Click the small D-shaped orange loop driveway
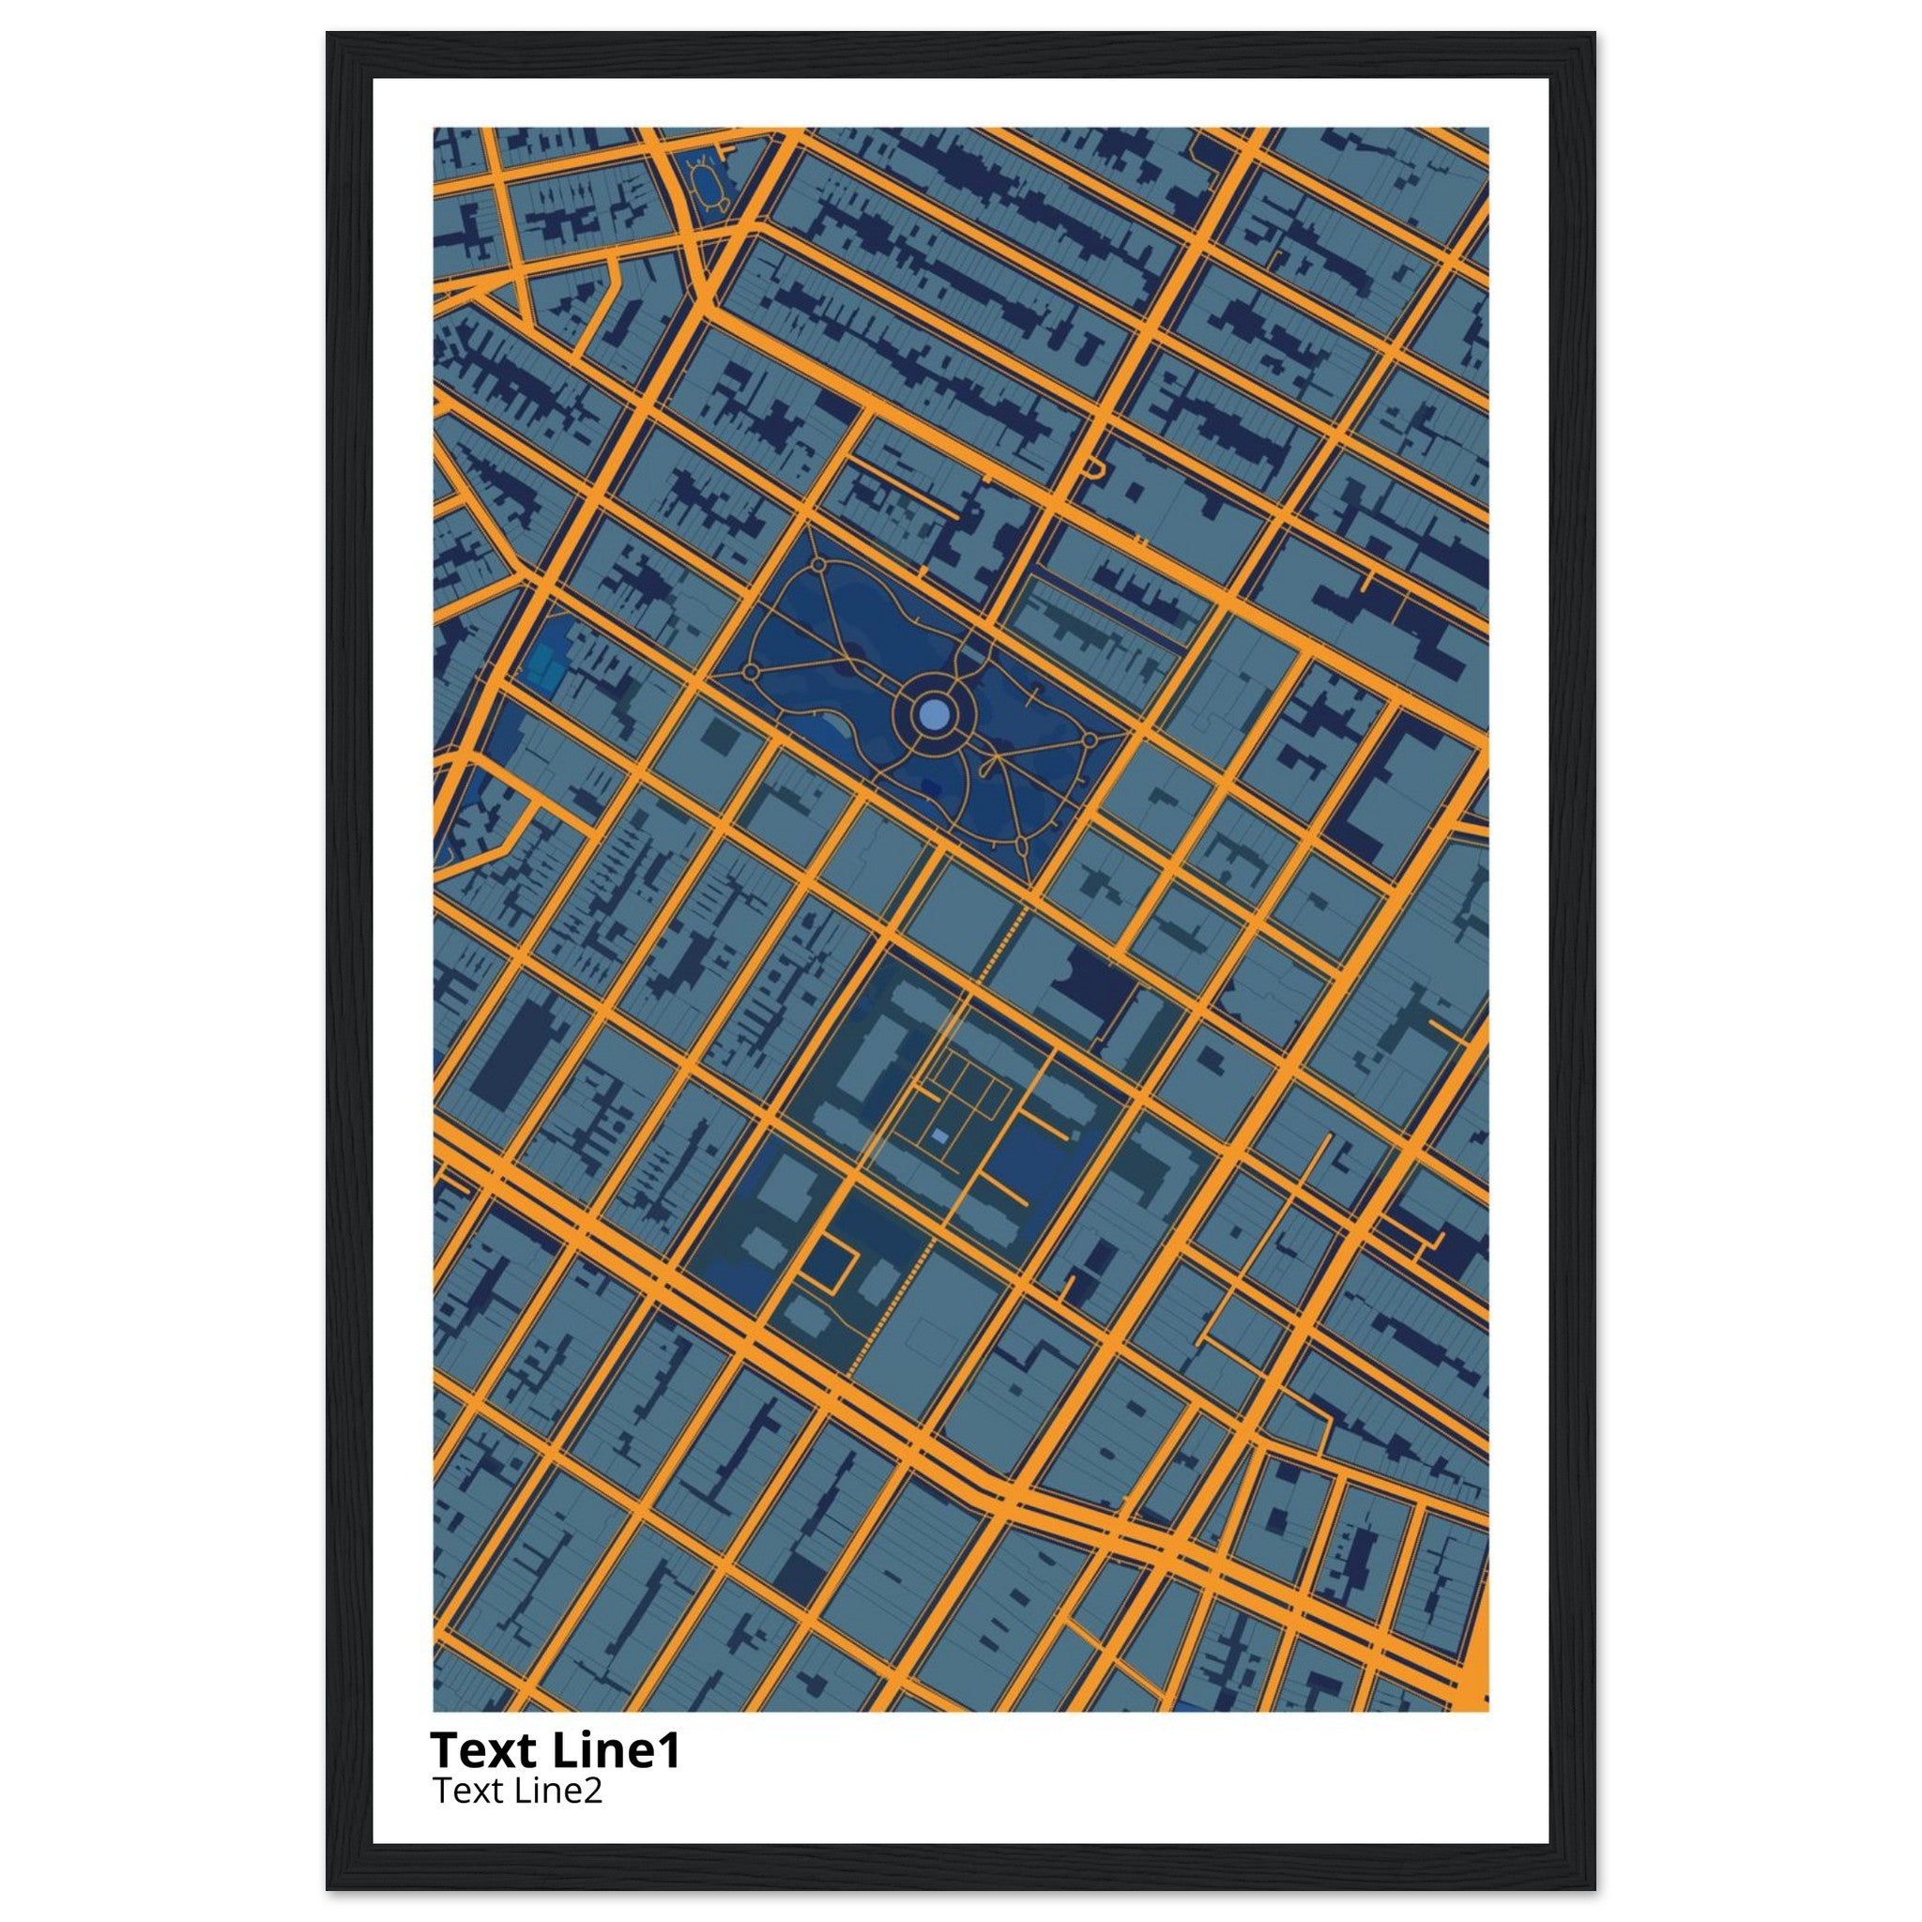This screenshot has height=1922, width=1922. pyautogui.click(x=1093, y=467)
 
